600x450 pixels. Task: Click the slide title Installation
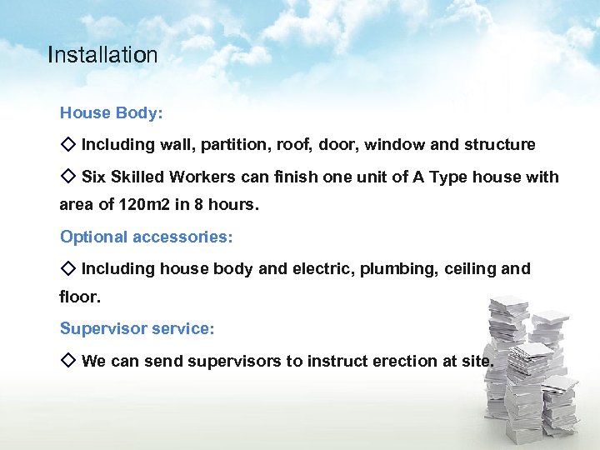point(102,56)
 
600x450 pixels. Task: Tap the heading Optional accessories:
point(147,237)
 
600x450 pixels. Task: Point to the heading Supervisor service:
point(137,329)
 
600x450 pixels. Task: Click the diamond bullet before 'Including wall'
point(68,144)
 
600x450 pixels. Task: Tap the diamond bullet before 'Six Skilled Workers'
point(68,177)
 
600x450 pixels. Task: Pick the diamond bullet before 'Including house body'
point(68,268)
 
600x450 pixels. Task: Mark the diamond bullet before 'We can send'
point(68,361)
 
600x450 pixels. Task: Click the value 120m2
point(134,205)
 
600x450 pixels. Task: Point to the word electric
point(325,269)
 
